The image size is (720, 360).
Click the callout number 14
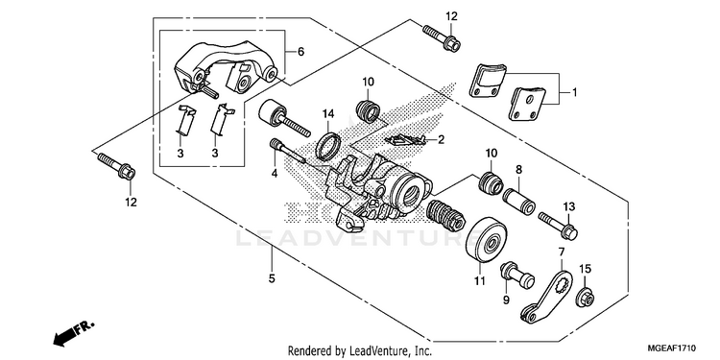point(327,112)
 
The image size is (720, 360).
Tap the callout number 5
point(272,277)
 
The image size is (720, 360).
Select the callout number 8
point(518,169)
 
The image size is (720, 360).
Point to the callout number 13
point(569,207)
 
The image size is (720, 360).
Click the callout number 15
point(585,269)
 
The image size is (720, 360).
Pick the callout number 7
point(562,252)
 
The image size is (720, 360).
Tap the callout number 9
point(506,300)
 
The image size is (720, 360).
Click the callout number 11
point(480,280)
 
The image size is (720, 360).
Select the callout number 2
point(441,139)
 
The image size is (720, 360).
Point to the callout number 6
point(300,52)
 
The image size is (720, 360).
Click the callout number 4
point(275,174)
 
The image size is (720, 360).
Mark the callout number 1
point(573,93)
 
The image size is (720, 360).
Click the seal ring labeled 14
point(327,145)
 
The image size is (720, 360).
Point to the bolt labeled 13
point(558,225)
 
